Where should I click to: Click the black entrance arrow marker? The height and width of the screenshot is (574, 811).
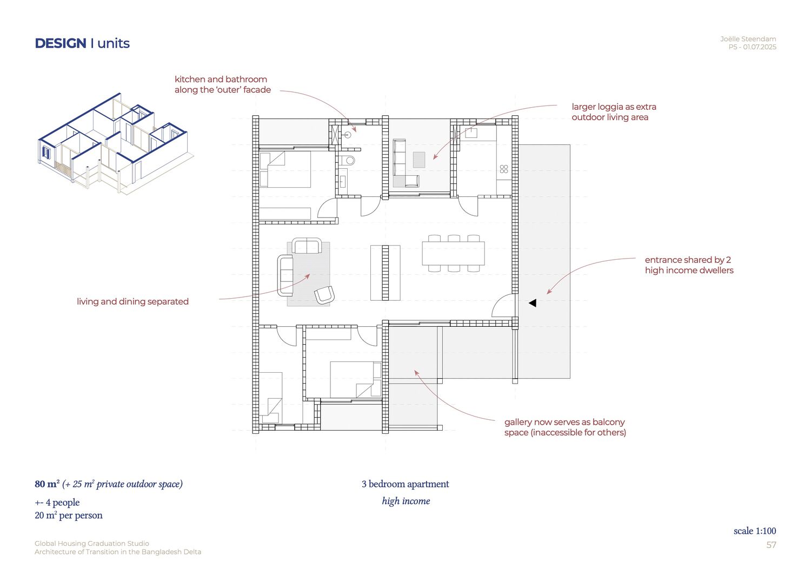pyautogui.click(x=533, y=303)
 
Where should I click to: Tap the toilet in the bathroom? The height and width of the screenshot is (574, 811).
pyautogui.click(x=348, y=160)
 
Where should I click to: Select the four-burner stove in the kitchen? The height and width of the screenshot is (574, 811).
pyautogui.click(x=504, y=169)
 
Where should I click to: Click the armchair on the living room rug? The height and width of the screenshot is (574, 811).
pyautogui.click(x=324, y=295)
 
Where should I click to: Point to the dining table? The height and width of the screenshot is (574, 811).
pyautogui.click(x=453, y=253)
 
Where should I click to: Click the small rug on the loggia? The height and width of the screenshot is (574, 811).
pyautogui.click(x=419, y=160)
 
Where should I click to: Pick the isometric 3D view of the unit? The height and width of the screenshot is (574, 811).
pyautogui.click(x=116, y=144)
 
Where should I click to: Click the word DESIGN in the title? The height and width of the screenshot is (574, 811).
pyautogui.click(x=61, y=43)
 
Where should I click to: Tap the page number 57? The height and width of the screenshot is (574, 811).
pyautogui.click(x=771, y=545)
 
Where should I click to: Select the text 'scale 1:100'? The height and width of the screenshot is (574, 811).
pyautogui.click(x=755, y=531)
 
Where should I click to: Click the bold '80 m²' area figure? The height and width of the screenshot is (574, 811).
pyautogui.click(x=47, y=484)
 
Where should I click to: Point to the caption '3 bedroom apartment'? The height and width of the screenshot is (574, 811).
pyautogui.click(x=405, y=484)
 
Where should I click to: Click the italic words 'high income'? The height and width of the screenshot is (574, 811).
pyautogui.click(x=406, y=501)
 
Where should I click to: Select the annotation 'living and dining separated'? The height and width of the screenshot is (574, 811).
pyautogui.click(x=132, y=301)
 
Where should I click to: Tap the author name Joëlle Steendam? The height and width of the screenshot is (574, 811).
pyautogui.click(x=748, y=39)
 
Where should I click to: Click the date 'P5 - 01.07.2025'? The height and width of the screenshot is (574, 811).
pyautogui.click(x=753, y=47)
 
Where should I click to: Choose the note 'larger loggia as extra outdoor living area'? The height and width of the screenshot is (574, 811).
pyautogui.click(x=614, y=112)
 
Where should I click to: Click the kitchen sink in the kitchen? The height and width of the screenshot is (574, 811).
pyautogui.click(x=471, y=133)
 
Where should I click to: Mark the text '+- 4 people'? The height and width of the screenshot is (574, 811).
pyautogui.click(x=57, y=502)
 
